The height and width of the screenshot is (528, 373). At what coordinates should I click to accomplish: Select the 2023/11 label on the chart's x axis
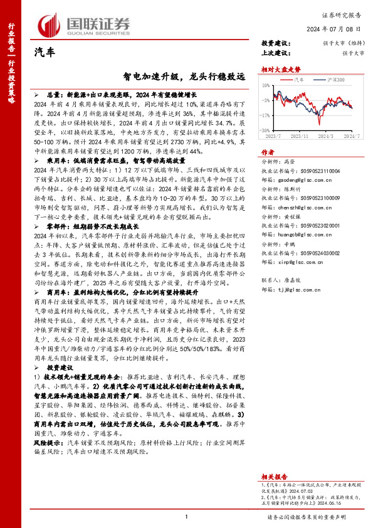[300, 134]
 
